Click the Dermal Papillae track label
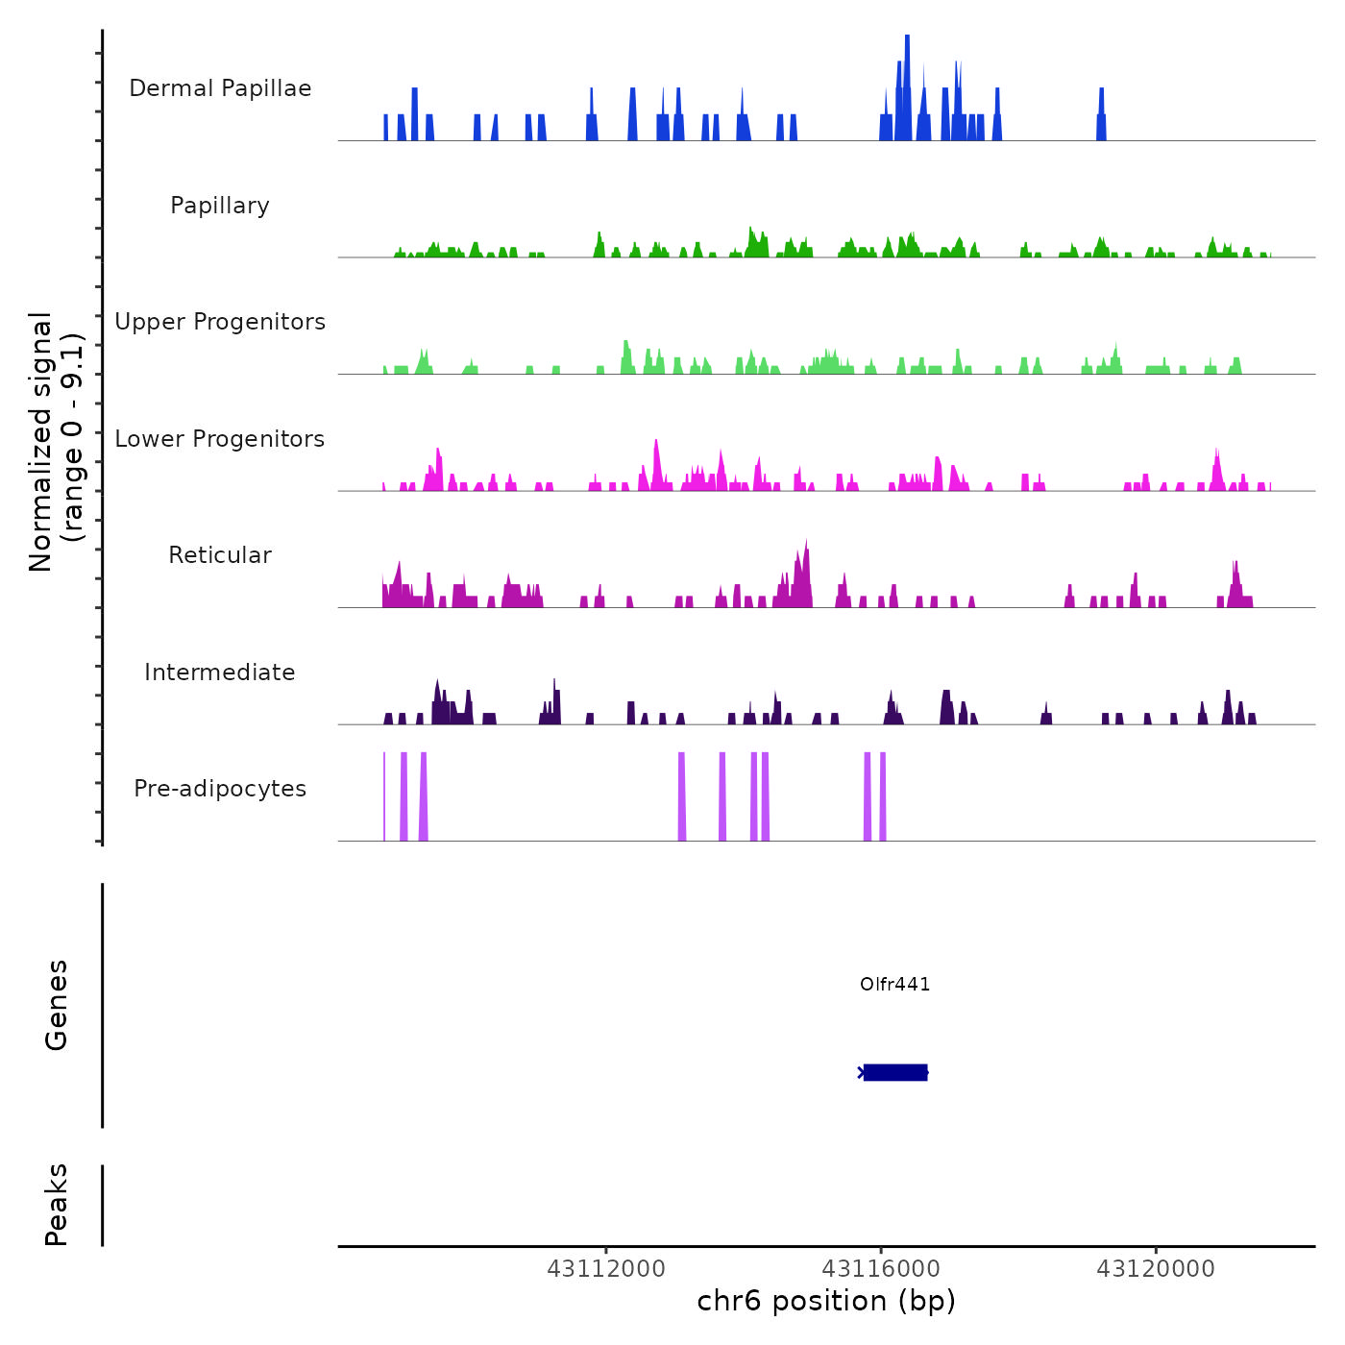click(220, 88)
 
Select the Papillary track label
click(220, 206)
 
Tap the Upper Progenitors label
click(220, 322)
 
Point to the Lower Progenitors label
click(220, 439)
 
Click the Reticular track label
click(220, 555)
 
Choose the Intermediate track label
click(220, 672)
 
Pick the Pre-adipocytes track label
click(220, 789)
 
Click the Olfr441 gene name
click(894, 984)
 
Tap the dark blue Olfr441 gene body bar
click(894, 1072)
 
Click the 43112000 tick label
click(606, 1269)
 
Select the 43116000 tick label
click(881, 1269)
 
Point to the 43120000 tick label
click(1156, 1269)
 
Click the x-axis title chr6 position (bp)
click(826, 1301)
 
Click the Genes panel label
click(56, 1005)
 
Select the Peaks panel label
click(56, 1205)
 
